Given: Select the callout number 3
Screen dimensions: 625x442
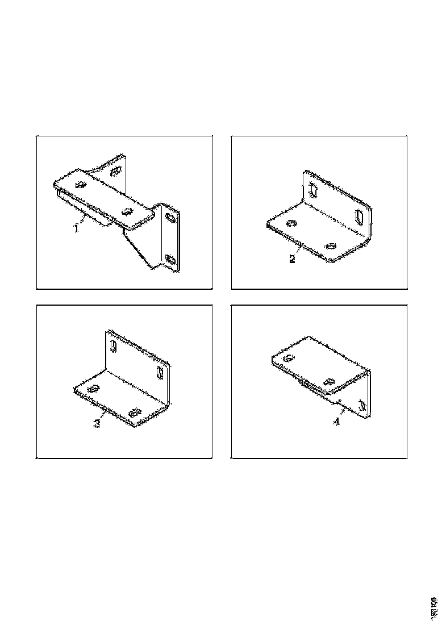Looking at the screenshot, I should point(97,424).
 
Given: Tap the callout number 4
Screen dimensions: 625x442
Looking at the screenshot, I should point(336,422).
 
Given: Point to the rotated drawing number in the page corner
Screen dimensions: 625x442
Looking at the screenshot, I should point(434,606).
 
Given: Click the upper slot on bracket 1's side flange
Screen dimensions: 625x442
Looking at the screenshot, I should point(169,216).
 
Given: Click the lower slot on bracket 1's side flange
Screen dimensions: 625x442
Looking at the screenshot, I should point(170,259).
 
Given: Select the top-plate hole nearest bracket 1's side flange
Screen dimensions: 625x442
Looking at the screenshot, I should point(127,212).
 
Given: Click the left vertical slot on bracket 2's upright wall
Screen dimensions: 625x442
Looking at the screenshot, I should point(312,190).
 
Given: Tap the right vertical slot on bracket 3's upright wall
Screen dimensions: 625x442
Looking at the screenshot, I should point(160,373).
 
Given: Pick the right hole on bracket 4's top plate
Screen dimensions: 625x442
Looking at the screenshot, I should point(328,381).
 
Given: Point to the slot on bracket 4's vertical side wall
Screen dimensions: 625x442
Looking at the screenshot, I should point(361,403).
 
